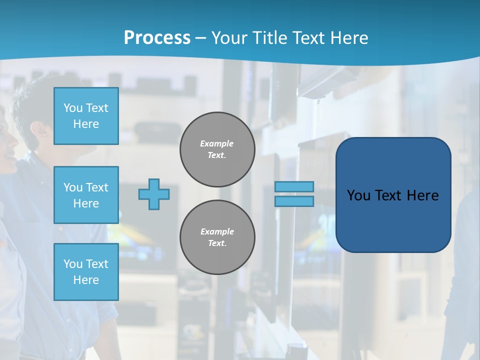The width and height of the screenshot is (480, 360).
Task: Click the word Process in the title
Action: coord(157,38)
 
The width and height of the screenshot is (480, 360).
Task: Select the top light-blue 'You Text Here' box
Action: coord(86,116)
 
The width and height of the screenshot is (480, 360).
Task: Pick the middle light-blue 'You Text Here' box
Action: coord(86,195)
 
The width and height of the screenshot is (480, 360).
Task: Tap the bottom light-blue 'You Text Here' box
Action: coord(86,271)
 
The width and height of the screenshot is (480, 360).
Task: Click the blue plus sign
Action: coord(154,194)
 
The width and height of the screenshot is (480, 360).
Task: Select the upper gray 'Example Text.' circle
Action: coord(217,149)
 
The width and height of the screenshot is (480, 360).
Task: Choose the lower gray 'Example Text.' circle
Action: coord(217,237)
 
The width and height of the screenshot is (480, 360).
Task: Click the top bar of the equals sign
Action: coord(294,186)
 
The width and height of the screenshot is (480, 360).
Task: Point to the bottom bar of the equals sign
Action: coord(294,201)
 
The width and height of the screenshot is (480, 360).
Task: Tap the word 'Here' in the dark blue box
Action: coord(422,195)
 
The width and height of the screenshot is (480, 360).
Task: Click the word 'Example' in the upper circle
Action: coord(217,143)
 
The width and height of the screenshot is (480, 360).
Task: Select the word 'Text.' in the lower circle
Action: coord(217,243)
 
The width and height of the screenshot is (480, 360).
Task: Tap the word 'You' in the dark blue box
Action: coord(358,195)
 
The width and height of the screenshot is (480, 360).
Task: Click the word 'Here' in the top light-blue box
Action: coord(86,124)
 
